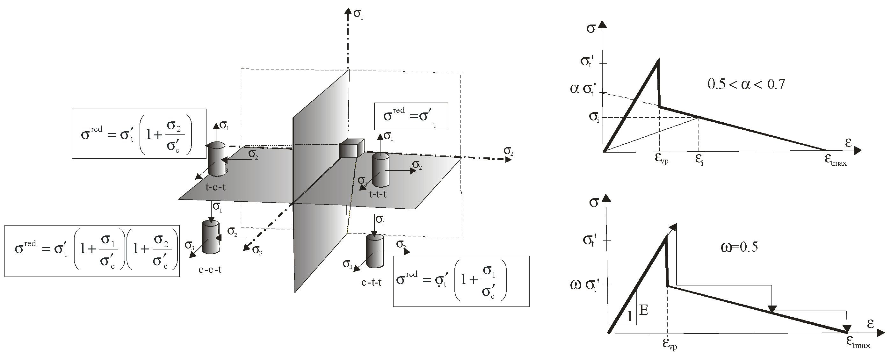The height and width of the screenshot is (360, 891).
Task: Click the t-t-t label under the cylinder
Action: [x=378, y=194]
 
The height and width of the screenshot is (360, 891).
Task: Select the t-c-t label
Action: [x=216, y=187]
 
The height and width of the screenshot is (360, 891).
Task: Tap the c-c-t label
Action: [x=210, y=269]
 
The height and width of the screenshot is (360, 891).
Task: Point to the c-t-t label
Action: [x=371, y=283]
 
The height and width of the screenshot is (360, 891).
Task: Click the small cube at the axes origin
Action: [x=351, y=148]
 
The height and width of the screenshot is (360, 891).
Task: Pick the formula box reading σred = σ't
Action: [x=410, y=116]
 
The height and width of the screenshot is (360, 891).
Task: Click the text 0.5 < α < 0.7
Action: [x=746, y=84]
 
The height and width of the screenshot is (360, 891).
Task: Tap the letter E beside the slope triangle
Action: [x=644, y=310]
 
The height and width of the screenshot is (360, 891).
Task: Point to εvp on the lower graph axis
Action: [x=669, y=344]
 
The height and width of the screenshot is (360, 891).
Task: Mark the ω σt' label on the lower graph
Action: [x=584, y=286]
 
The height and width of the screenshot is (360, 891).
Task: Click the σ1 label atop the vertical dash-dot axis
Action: [x=358, y=14]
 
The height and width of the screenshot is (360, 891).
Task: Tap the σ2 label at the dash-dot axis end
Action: [x=508, y=151]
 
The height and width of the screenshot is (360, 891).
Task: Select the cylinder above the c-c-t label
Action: [x=210, y=237]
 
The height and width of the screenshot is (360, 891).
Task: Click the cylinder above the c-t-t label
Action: [x=374, y=251]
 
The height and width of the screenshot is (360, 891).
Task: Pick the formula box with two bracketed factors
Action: [x=92, y=251]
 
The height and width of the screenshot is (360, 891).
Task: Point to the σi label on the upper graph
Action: [x=594, y=117]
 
